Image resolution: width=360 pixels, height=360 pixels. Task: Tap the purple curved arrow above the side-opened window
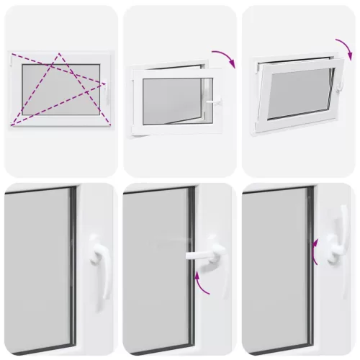[224, 59]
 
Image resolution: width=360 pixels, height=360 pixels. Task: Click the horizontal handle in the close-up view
[203, 253]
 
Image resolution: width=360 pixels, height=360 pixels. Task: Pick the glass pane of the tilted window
[294, 94]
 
